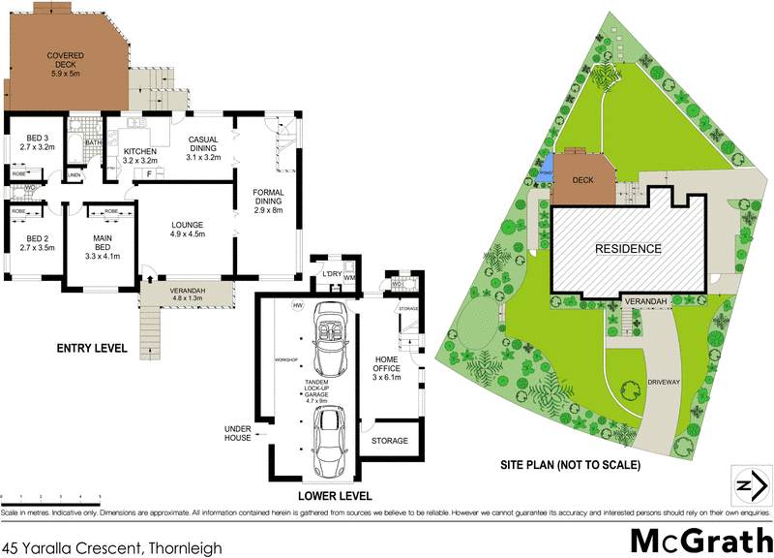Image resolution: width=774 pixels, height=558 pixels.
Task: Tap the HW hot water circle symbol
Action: [x=298, y=306]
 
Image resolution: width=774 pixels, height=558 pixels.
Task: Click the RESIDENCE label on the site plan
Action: [x=628, y=249]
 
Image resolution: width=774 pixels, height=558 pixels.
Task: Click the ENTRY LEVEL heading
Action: [x=91, y=347]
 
